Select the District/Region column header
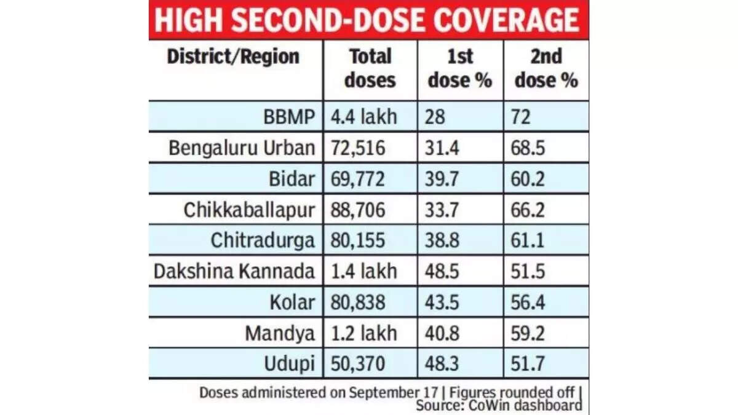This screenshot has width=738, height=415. pyautogui.click(x=233, y=57)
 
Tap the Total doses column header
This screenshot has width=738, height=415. pyautogui.click(x=370, y=69)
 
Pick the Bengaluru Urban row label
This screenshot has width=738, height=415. pyautogui.click(x=242, y=148)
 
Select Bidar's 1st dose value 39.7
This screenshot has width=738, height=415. pyautogui.click(x=441, y=179)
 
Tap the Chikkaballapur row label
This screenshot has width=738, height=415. pyautogui.click(x=249, y=210)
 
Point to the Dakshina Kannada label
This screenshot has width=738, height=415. pyautogui.click(x=234, y=271)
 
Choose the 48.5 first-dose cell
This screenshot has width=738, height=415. pyautogui.click(x=442, y=271)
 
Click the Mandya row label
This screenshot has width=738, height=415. pyautogui.click(x=280, y=333)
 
